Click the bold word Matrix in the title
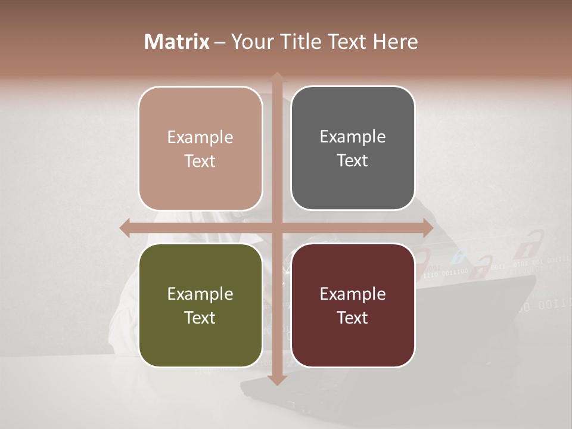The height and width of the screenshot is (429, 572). pyautogui.click(x=177, y=42)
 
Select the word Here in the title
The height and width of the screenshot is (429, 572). pyautogui.click(x=395, y=42)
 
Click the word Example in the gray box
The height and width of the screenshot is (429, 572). pyautogui.click(x=353, y=136)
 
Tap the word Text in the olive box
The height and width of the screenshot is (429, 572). pyautogui.click(x=200, y=318)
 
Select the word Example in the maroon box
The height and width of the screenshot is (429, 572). pyautogui.click(x=353, y=294)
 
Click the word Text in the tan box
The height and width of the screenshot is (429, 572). pyautogui.click(x=200, y=161)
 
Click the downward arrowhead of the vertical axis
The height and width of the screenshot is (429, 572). pyautogui.click(x=277, y=381)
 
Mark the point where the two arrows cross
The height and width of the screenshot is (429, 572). pyautogui.click(x=277, y=228)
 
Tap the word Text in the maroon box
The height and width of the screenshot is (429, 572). pyautogui.click(x=353, y=318)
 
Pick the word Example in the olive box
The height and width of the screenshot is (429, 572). pyautogui.click(x=200, y=294)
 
